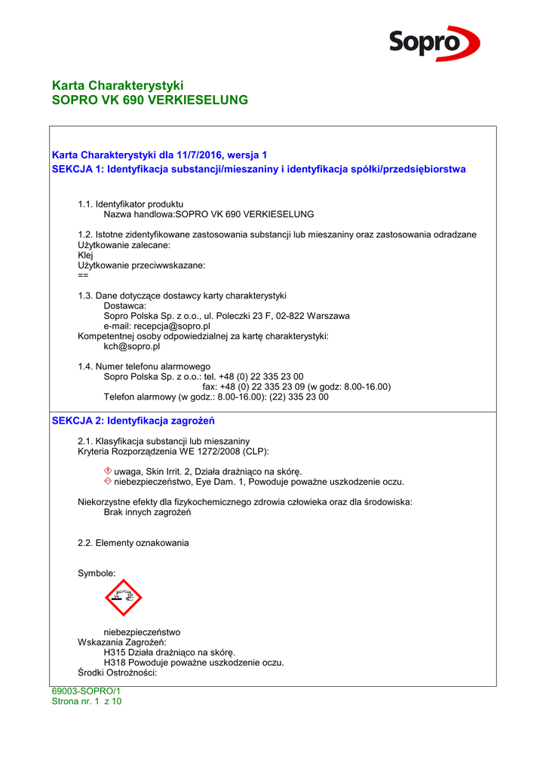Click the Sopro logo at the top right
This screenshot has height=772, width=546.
pyautogui.click(x=434, y=43)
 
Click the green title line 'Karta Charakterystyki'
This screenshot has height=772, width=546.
pyautogui.click(x=118, y=85)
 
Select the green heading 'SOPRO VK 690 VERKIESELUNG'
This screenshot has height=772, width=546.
pyautogui.click(x=149, y=100)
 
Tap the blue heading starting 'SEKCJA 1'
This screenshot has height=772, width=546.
pyautogui.click(x=259, y=169)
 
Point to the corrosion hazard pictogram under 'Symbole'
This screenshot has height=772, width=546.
pyautogui.click(x=124, y=598)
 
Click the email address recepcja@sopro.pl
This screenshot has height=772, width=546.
pyautogui.click(x=157, y=326)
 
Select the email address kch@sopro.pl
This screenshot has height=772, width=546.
pyautogui.click(x=131, y=347)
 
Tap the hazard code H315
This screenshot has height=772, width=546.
pyautogui.click(x=115, y=652)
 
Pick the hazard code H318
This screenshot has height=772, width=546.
pyautogui.click(x=115, y=663)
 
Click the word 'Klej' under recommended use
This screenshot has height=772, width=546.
pyautogui.click(x=85, y=256)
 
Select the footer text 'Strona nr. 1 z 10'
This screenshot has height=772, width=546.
pyautogui.click(x=86, y=701)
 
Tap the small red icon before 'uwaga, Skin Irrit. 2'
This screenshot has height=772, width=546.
pyautogui.click(x=107, y=471)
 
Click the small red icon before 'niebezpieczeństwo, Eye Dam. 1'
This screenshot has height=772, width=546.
pyautogui.click(x=107, y=481)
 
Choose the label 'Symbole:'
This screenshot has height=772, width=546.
pyautogui.click(x=97, y=573)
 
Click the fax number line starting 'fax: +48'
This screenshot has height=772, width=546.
pyautogui.click(x=296, y=386)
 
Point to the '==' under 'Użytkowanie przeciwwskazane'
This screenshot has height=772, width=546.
pyautogui.click(x=83, y=275)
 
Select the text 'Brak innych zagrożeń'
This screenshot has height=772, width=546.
pyautogui.click(x=147, y=513)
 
